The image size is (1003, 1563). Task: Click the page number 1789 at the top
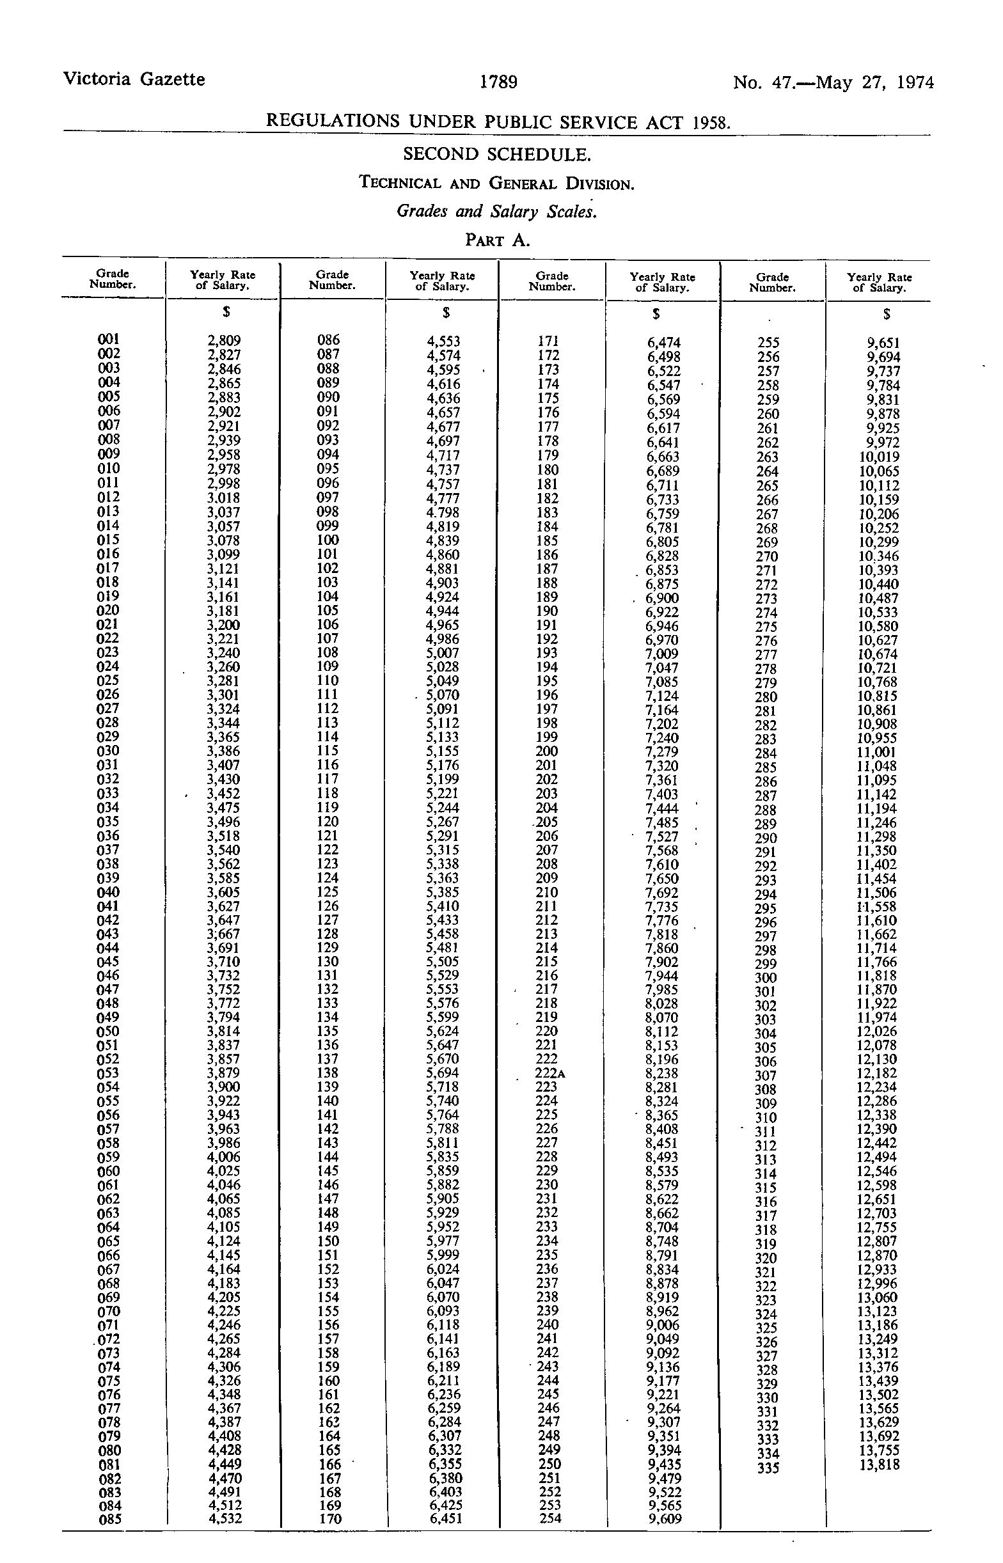pos(498,82)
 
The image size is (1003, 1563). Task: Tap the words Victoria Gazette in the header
pos(134,79)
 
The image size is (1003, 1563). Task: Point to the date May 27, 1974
pos(874,82)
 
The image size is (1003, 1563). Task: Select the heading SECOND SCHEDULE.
pos(497,154)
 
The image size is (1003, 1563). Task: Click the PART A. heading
pos(497,240)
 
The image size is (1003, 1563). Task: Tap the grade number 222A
pos(549,1073)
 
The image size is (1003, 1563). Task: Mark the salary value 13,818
pos(878,1465)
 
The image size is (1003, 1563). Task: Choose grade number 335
pos(768,1468)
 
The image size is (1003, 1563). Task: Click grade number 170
pos(328,1520)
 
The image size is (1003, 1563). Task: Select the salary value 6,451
pos(443,1520)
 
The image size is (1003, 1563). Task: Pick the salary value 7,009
pos(661,654)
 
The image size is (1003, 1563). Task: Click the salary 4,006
pos(223,1157)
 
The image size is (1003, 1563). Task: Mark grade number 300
pos(766,977)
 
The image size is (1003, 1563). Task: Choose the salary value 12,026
pos(876,1032)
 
